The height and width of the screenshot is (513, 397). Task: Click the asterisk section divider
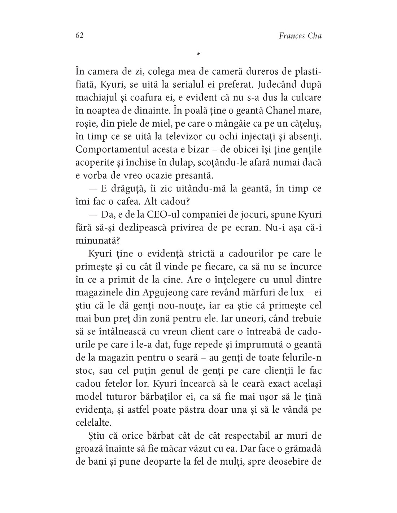coord(198,54)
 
